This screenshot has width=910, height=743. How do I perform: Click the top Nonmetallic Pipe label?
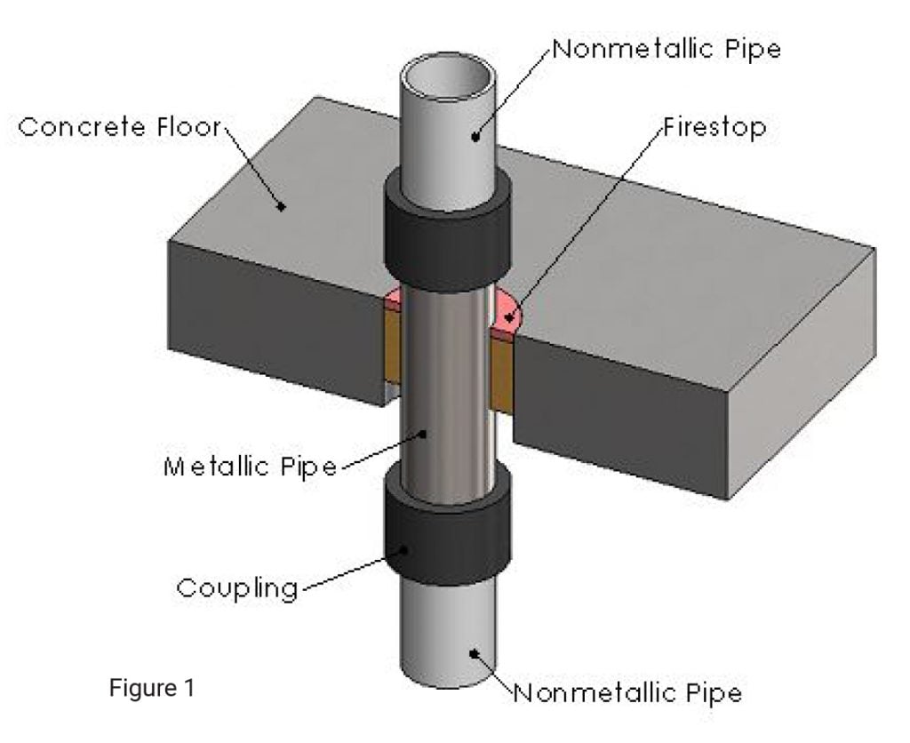click(x=667, y=49)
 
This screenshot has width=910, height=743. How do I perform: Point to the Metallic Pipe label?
click(x=251, y=467)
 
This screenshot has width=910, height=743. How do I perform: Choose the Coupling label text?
click(x=236, y=588)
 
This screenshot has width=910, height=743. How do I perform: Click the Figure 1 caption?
click(x=154, y=688)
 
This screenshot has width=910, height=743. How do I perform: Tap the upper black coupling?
click(x=446, y=231)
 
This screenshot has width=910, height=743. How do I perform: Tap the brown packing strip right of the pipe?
click(x=503, y=373)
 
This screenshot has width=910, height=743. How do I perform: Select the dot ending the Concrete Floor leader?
click(x=283, y=205)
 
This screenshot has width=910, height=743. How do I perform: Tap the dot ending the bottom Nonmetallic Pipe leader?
click(x=475, y=653)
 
